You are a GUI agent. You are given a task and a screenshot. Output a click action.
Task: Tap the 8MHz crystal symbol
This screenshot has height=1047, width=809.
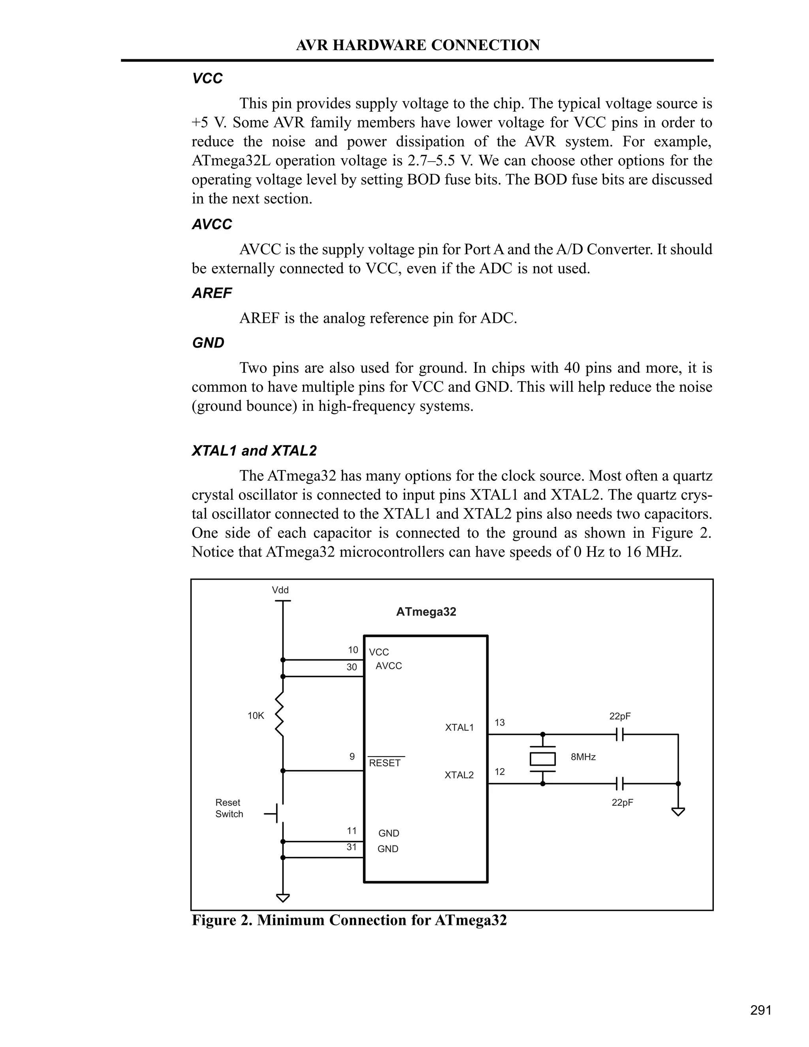(x=542, y=759)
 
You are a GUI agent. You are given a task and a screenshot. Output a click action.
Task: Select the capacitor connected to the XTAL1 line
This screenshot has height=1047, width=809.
(x=620, y=734)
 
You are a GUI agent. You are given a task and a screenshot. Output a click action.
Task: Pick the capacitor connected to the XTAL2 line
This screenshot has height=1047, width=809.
(x=620, y=784)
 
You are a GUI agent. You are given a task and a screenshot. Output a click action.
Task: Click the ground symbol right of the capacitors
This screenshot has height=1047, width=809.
(x=678, y=812)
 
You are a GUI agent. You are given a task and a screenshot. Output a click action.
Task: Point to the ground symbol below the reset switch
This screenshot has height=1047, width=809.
(x=283, y=898)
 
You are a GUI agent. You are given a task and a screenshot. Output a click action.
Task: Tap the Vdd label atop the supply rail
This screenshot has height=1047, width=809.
(x=280, y=590)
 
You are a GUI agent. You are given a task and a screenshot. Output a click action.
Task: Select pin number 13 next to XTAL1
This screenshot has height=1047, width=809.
(x=500, y=723)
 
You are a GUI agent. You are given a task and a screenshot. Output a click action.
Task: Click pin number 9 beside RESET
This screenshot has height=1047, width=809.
(x=352, y=757)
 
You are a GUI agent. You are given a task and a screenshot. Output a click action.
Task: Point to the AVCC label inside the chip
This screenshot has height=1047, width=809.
(x=389, y=666)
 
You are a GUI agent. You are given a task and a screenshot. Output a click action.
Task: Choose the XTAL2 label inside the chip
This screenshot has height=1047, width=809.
(x=459, y=775)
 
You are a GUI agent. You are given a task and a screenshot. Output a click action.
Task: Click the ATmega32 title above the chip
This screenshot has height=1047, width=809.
(x=426, y=612)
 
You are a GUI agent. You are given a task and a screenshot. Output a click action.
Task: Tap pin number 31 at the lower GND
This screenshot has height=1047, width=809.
(x=352, y=847)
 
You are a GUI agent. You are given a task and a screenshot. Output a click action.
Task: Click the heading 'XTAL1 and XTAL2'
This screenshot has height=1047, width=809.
(x=254, y=451)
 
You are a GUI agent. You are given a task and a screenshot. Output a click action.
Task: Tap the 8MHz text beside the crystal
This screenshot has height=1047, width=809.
(x=583, y=757)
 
